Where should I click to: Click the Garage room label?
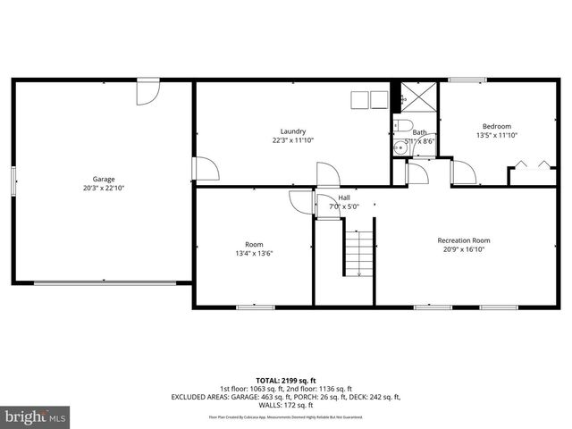(104, 179)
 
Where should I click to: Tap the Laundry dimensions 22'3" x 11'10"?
(293, 140)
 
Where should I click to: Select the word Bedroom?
(497, 126)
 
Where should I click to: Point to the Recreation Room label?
(463, 240)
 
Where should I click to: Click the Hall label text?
(343, 198)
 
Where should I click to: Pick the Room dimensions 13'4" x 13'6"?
(254, 253)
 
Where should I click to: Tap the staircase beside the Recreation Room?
(358, 252)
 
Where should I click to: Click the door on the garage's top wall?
(147, 89)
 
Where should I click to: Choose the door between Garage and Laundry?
(204, 169)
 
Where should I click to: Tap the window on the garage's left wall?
(13, 179)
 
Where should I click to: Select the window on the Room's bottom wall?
(255, 307)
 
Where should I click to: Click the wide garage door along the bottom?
(104, 283)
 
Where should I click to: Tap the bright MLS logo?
(35, 416)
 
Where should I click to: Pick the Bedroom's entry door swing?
(463, 172)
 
